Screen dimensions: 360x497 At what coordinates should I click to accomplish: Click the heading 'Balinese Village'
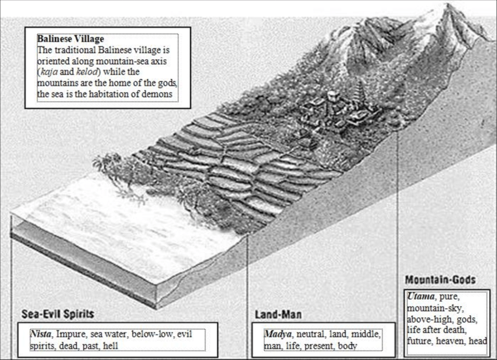pyautogui.click(x=71, y=40)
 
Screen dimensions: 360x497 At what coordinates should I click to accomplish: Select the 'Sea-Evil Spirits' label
pyautogui.click(x=58, y=314)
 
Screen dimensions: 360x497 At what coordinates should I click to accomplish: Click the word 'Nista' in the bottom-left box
pyautogui.click(x=42, y=335)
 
